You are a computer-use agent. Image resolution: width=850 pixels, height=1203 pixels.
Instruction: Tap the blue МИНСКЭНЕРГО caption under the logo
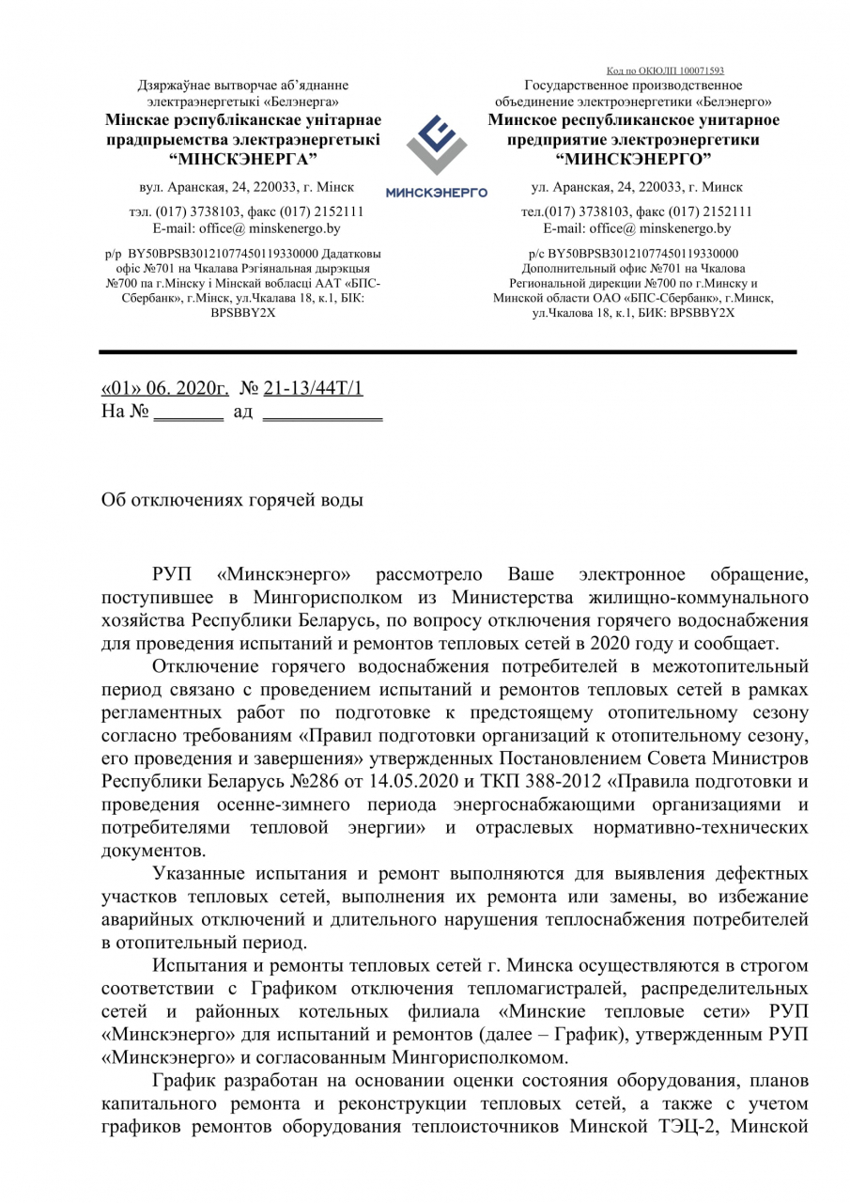436,193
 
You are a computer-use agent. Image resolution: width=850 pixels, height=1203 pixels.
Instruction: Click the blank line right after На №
188,414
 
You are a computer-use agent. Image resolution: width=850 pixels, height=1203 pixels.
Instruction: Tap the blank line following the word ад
322,414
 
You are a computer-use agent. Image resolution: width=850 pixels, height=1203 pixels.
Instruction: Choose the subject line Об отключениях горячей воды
232,500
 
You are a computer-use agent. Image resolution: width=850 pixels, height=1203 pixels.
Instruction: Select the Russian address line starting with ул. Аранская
636,187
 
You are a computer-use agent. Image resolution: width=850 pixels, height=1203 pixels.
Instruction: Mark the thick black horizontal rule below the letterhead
448,352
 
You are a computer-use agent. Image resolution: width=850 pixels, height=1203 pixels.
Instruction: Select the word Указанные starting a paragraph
205,874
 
